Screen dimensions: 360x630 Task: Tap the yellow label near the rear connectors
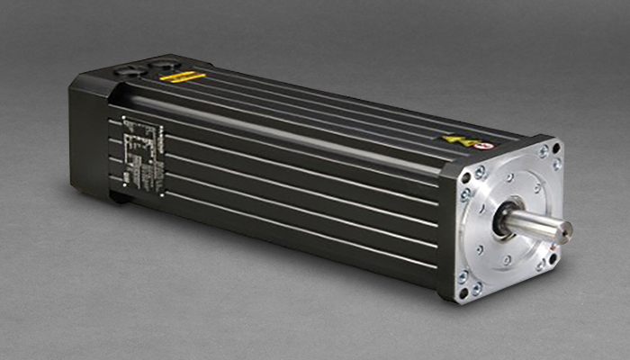tap(182, 77)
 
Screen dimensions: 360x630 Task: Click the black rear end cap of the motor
tap(90, 135)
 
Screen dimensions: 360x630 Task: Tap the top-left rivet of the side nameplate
tap(123, 120)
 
